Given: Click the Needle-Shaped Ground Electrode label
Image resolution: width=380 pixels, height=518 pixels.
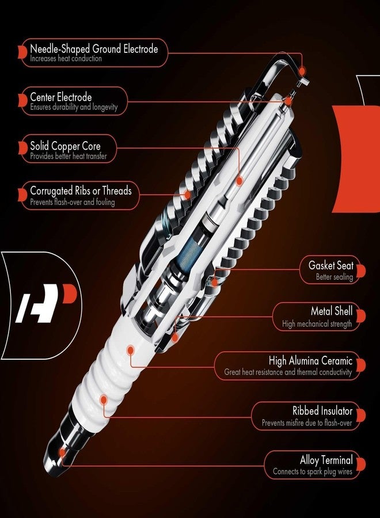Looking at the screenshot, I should click(94, 49).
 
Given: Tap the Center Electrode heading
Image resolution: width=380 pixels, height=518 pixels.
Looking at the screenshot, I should click(60, 97).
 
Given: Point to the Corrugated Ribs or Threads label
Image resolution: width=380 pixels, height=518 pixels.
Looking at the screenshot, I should click(81, 191).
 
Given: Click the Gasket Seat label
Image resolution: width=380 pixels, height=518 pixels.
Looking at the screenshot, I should click(330, 266).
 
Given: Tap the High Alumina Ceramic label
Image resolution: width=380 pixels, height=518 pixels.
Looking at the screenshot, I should click(310, 361).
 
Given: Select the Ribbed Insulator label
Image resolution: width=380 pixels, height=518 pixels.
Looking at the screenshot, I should click(322, 411).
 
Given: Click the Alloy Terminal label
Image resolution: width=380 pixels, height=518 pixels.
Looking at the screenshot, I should click(326, 460).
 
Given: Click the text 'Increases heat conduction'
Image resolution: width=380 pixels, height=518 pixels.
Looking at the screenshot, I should click(66, 59).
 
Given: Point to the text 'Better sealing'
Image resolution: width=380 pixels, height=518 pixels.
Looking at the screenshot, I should click(334, 277).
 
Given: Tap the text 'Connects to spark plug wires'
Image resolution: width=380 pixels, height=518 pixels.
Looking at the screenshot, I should click(313, 471).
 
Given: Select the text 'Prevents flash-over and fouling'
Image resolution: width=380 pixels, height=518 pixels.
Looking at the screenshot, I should click(72, 202).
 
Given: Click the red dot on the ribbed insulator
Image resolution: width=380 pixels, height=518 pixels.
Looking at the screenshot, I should click(104, 398).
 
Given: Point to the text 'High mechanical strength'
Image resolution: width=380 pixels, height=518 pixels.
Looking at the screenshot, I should click(317, 324).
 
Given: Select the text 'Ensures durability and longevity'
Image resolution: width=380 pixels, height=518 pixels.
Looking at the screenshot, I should click(74, 107).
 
